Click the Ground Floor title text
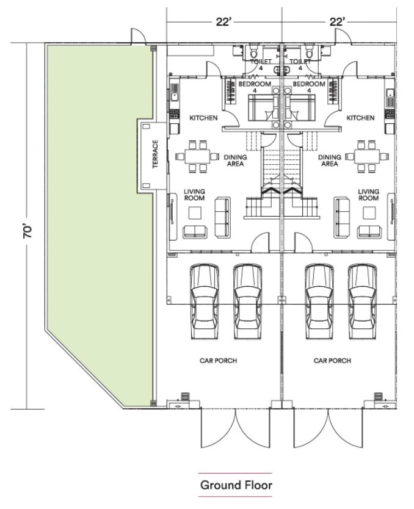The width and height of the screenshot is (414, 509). (x=236, y=485)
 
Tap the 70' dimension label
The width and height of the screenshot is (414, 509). (x=28, y=231)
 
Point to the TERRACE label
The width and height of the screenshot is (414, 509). (x=155, y=154)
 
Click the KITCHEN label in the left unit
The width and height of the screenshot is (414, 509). (x=203, y=118)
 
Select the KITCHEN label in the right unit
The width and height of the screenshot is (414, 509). (x=360, y=118)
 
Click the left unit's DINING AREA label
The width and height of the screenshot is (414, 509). (x=236, y=161)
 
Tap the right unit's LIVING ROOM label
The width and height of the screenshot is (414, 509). (x=369, y=195)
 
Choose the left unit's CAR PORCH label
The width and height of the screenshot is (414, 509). (x=218, y=361)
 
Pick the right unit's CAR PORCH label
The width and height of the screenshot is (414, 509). (x=332, y=361)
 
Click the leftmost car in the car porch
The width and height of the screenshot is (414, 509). (x=205, y=301)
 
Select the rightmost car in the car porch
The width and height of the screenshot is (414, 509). (x=363, y=301)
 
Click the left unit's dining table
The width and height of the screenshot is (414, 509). (x=198, y=156)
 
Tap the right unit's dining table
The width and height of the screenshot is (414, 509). (x=367, y=156)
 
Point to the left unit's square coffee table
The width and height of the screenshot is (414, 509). (x=195, y=213)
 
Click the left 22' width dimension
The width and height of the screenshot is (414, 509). (x=223, y=22)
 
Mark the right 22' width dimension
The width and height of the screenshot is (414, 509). (x=337, y=22)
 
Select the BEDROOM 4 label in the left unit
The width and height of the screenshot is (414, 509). (x=255, y=87)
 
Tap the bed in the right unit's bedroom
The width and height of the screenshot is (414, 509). (x=300, y=108)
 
